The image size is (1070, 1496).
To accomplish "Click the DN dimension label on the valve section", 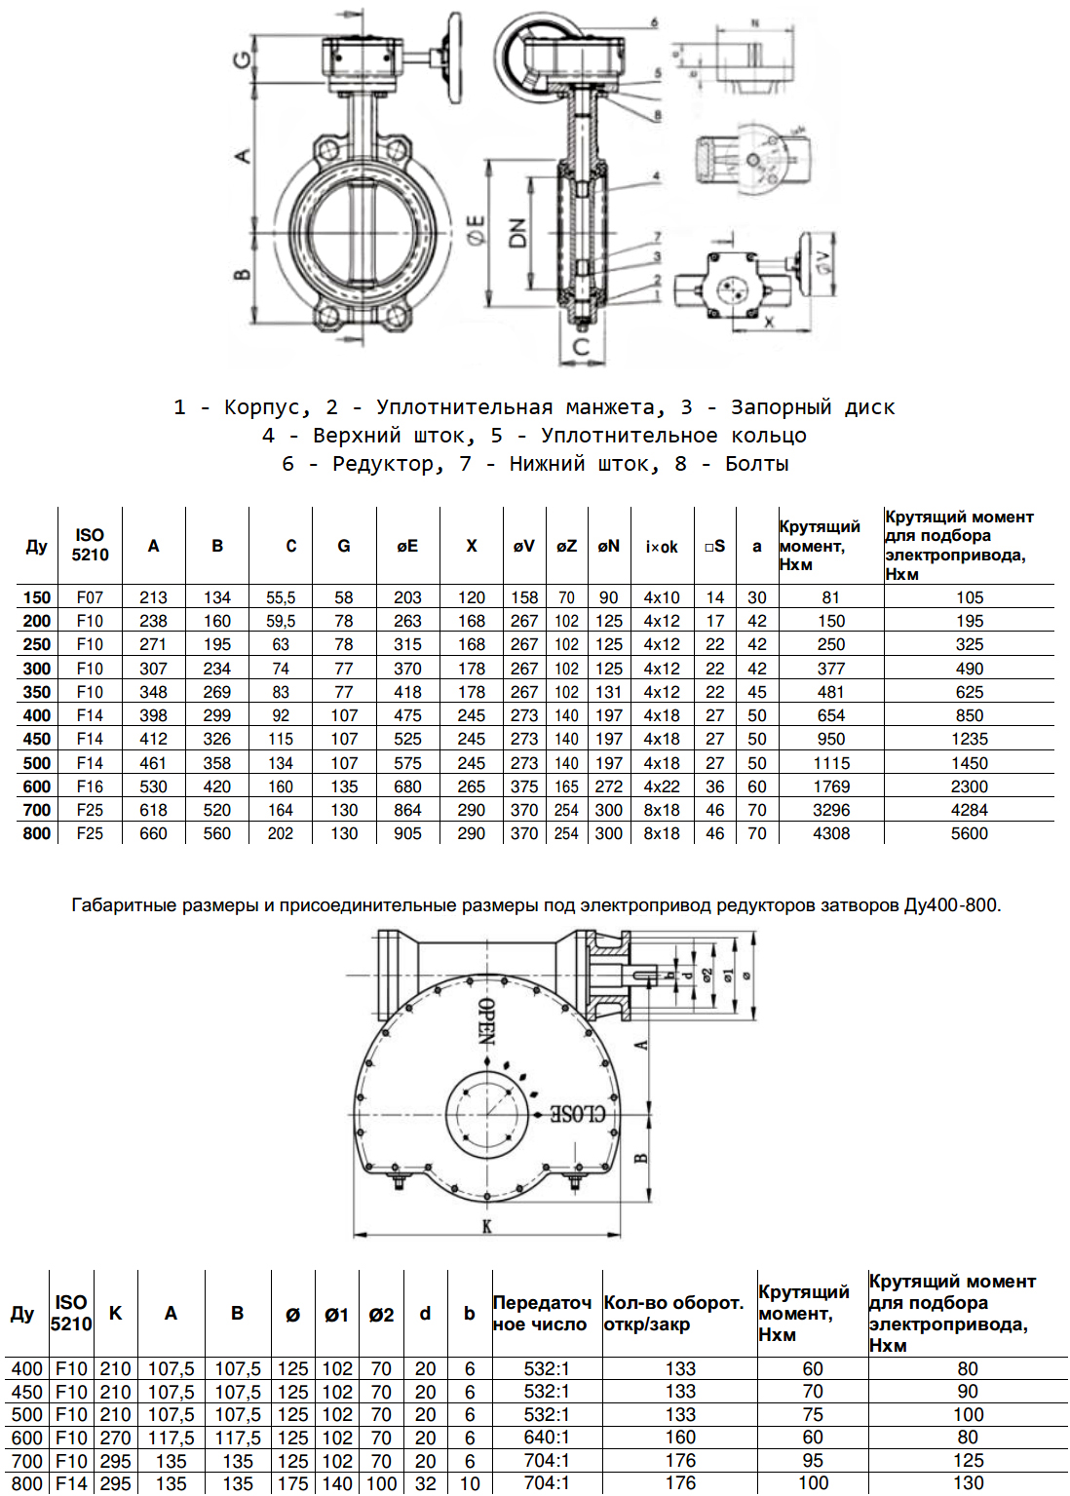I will click(517, 232).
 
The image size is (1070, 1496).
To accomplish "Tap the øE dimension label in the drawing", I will click(477, 232).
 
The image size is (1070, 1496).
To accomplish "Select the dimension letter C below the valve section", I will click(582, 346).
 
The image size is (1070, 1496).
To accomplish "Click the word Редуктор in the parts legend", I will click(382, 464).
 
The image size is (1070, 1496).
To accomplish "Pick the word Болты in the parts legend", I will click(756, 464).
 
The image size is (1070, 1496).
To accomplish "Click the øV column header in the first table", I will click(524, 546).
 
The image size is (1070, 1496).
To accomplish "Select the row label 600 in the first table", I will click(37, 786).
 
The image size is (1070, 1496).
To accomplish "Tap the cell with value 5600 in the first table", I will click(969, 833).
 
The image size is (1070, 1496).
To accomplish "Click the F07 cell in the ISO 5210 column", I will click(90, 597).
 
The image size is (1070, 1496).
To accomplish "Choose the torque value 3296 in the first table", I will click(830, 810).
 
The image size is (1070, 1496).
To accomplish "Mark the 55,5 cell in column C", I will click(281, 597).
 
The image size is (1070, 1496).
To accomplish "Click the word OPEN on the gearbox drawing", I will click(486, 1020).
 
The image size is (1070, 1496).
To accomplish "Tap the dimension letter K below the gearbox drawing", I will click(486, 1226).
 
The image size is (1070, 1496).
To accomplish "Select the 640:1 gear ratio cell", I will click(546, 1438).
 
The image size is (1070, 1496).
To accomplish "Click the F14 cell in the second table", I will click(71, 1483).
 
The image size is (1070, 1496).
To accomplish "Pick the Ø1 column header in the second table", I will click(336, 1315).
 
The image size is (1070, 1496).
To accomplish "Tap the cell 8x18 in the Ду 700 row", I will click(662, 810).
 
